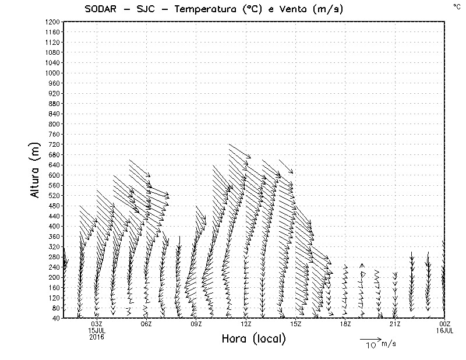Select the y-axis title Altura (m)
(36, 170)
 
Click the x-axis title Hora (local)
(253, 338)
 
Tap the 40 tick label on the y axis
(56, 317)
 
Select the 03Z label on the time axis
(97, 324)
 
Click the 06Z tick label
(146, 324)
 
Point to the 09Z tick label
(196, 324)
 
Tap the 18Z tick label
(345, 324)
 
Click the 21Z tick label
(395, 324)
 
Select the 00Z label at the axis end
(445, 324)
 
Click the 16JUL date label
(445, 330)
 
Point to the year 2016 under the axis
(97, 337)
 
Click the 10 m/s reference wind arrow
(370, 338)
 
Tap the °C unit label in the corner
(457, 6)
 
